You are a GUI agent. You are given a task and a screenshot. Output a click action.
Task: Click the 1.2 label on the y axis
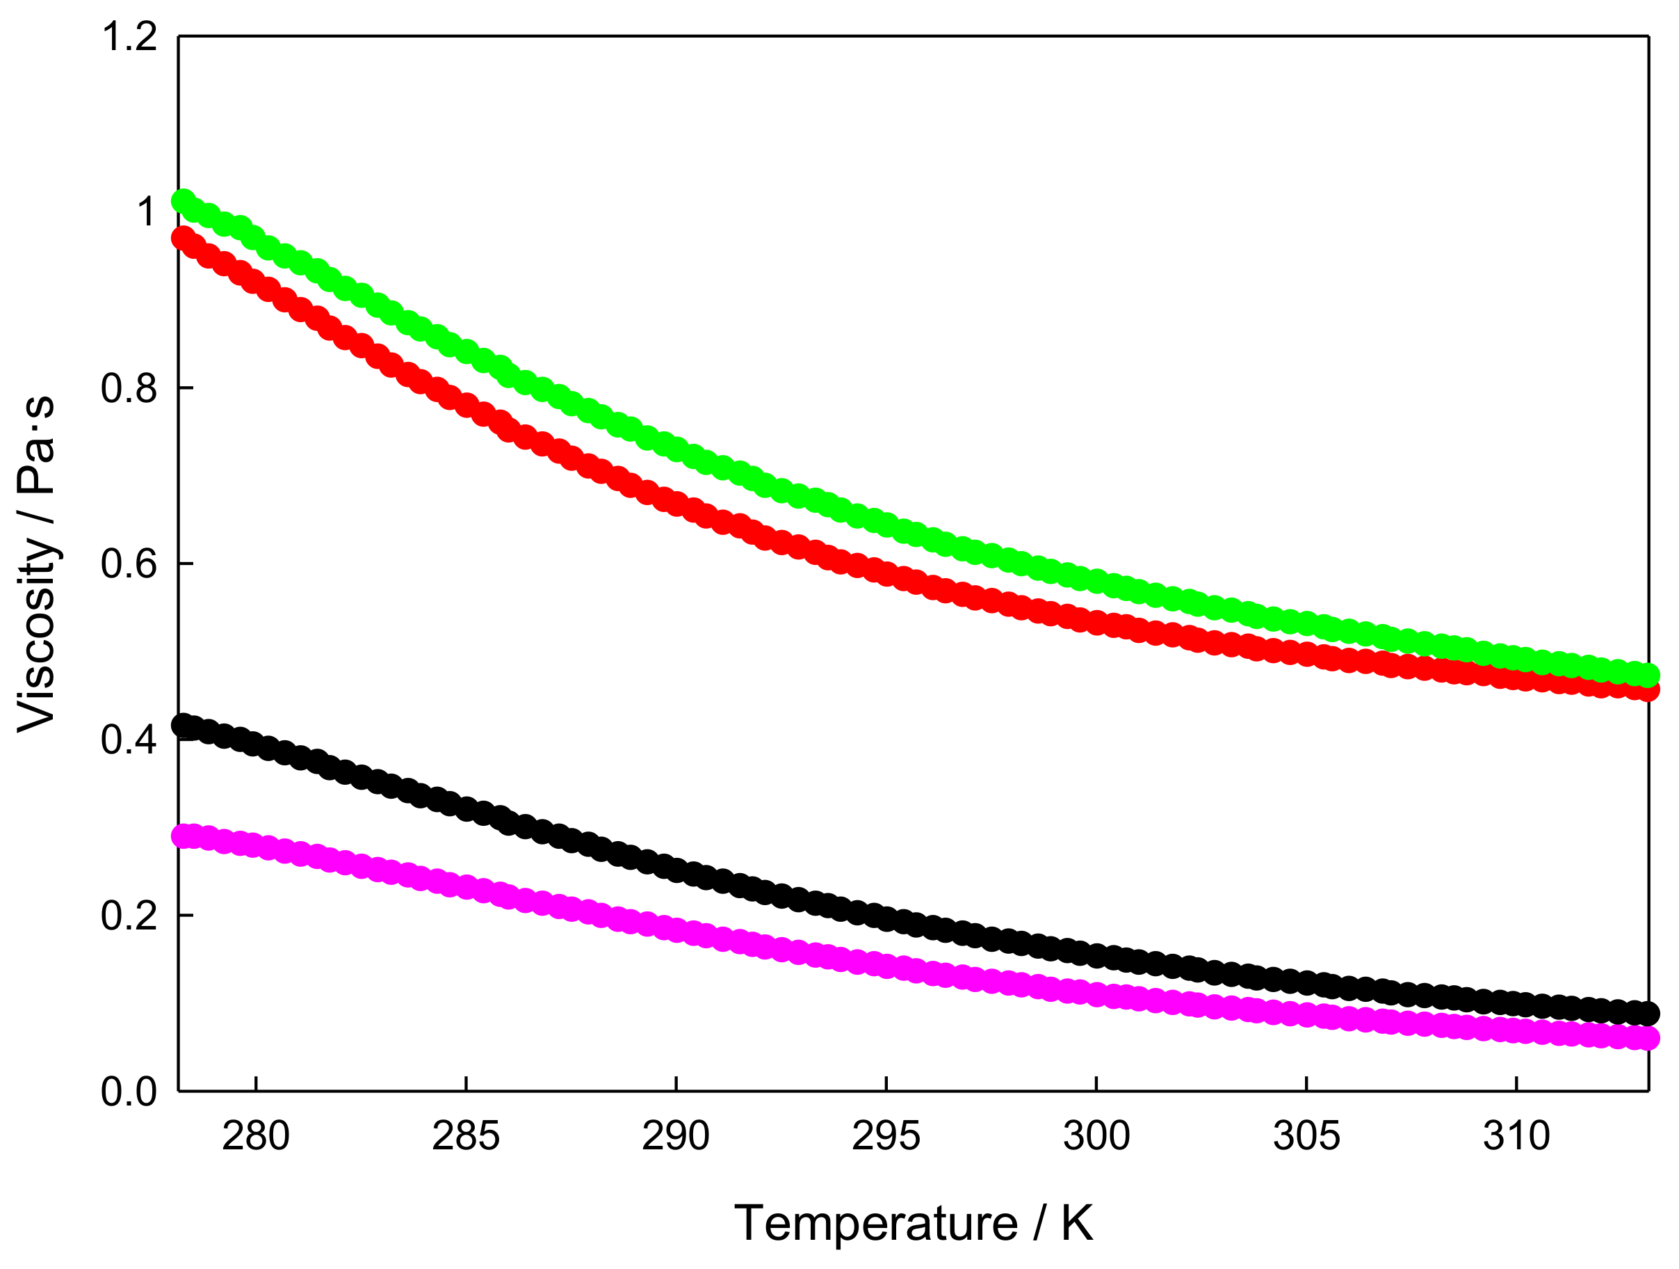coord(129,37)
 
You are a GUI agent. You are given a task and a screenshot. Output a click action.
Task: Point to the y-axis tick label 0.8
coord(129,388)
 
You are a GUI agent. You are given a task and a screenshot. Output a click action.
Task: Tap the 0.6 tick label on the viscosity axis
coord(129,564)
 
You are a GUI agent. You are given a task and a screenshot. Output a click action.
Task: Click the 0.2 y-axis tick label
coord(129,915)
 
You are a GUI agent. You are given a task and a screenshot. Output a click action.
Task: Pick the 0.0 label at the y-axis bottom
coord(129,1092)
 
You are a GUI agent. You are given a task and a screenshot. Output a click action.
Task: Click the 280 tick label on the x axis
coord(256,1136)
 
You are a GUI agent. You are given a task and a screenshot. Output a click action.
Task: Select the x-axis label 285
coord(466,1136)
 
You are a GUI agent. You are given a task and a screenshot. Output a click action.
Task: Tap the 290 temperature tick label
coord(676,1136)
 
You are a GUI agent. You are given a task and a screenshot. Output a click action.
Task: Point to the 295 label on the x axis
coord(886,1136)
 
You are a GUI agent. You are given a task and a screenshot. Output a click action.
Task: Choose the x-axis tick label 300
coord(1096,1136)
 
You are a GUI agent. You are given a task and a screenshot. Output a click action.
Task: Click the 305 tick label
coord(1306,1136)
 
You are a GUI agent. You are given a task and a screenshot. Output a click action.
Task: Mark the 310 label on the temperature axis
coord(1516,1136)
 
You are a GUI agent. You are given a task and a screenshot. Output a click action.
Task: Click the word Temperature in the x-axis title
coord(876,1224)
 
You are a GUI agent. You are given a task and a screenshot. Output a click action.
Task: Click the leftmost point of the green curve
coord(183,201)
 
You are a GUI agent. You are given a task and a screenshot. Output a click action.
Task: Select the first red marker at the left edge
coord(183,239)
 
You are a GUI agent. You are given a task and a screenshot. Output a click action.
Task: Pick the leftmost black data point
coord(183,725)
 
